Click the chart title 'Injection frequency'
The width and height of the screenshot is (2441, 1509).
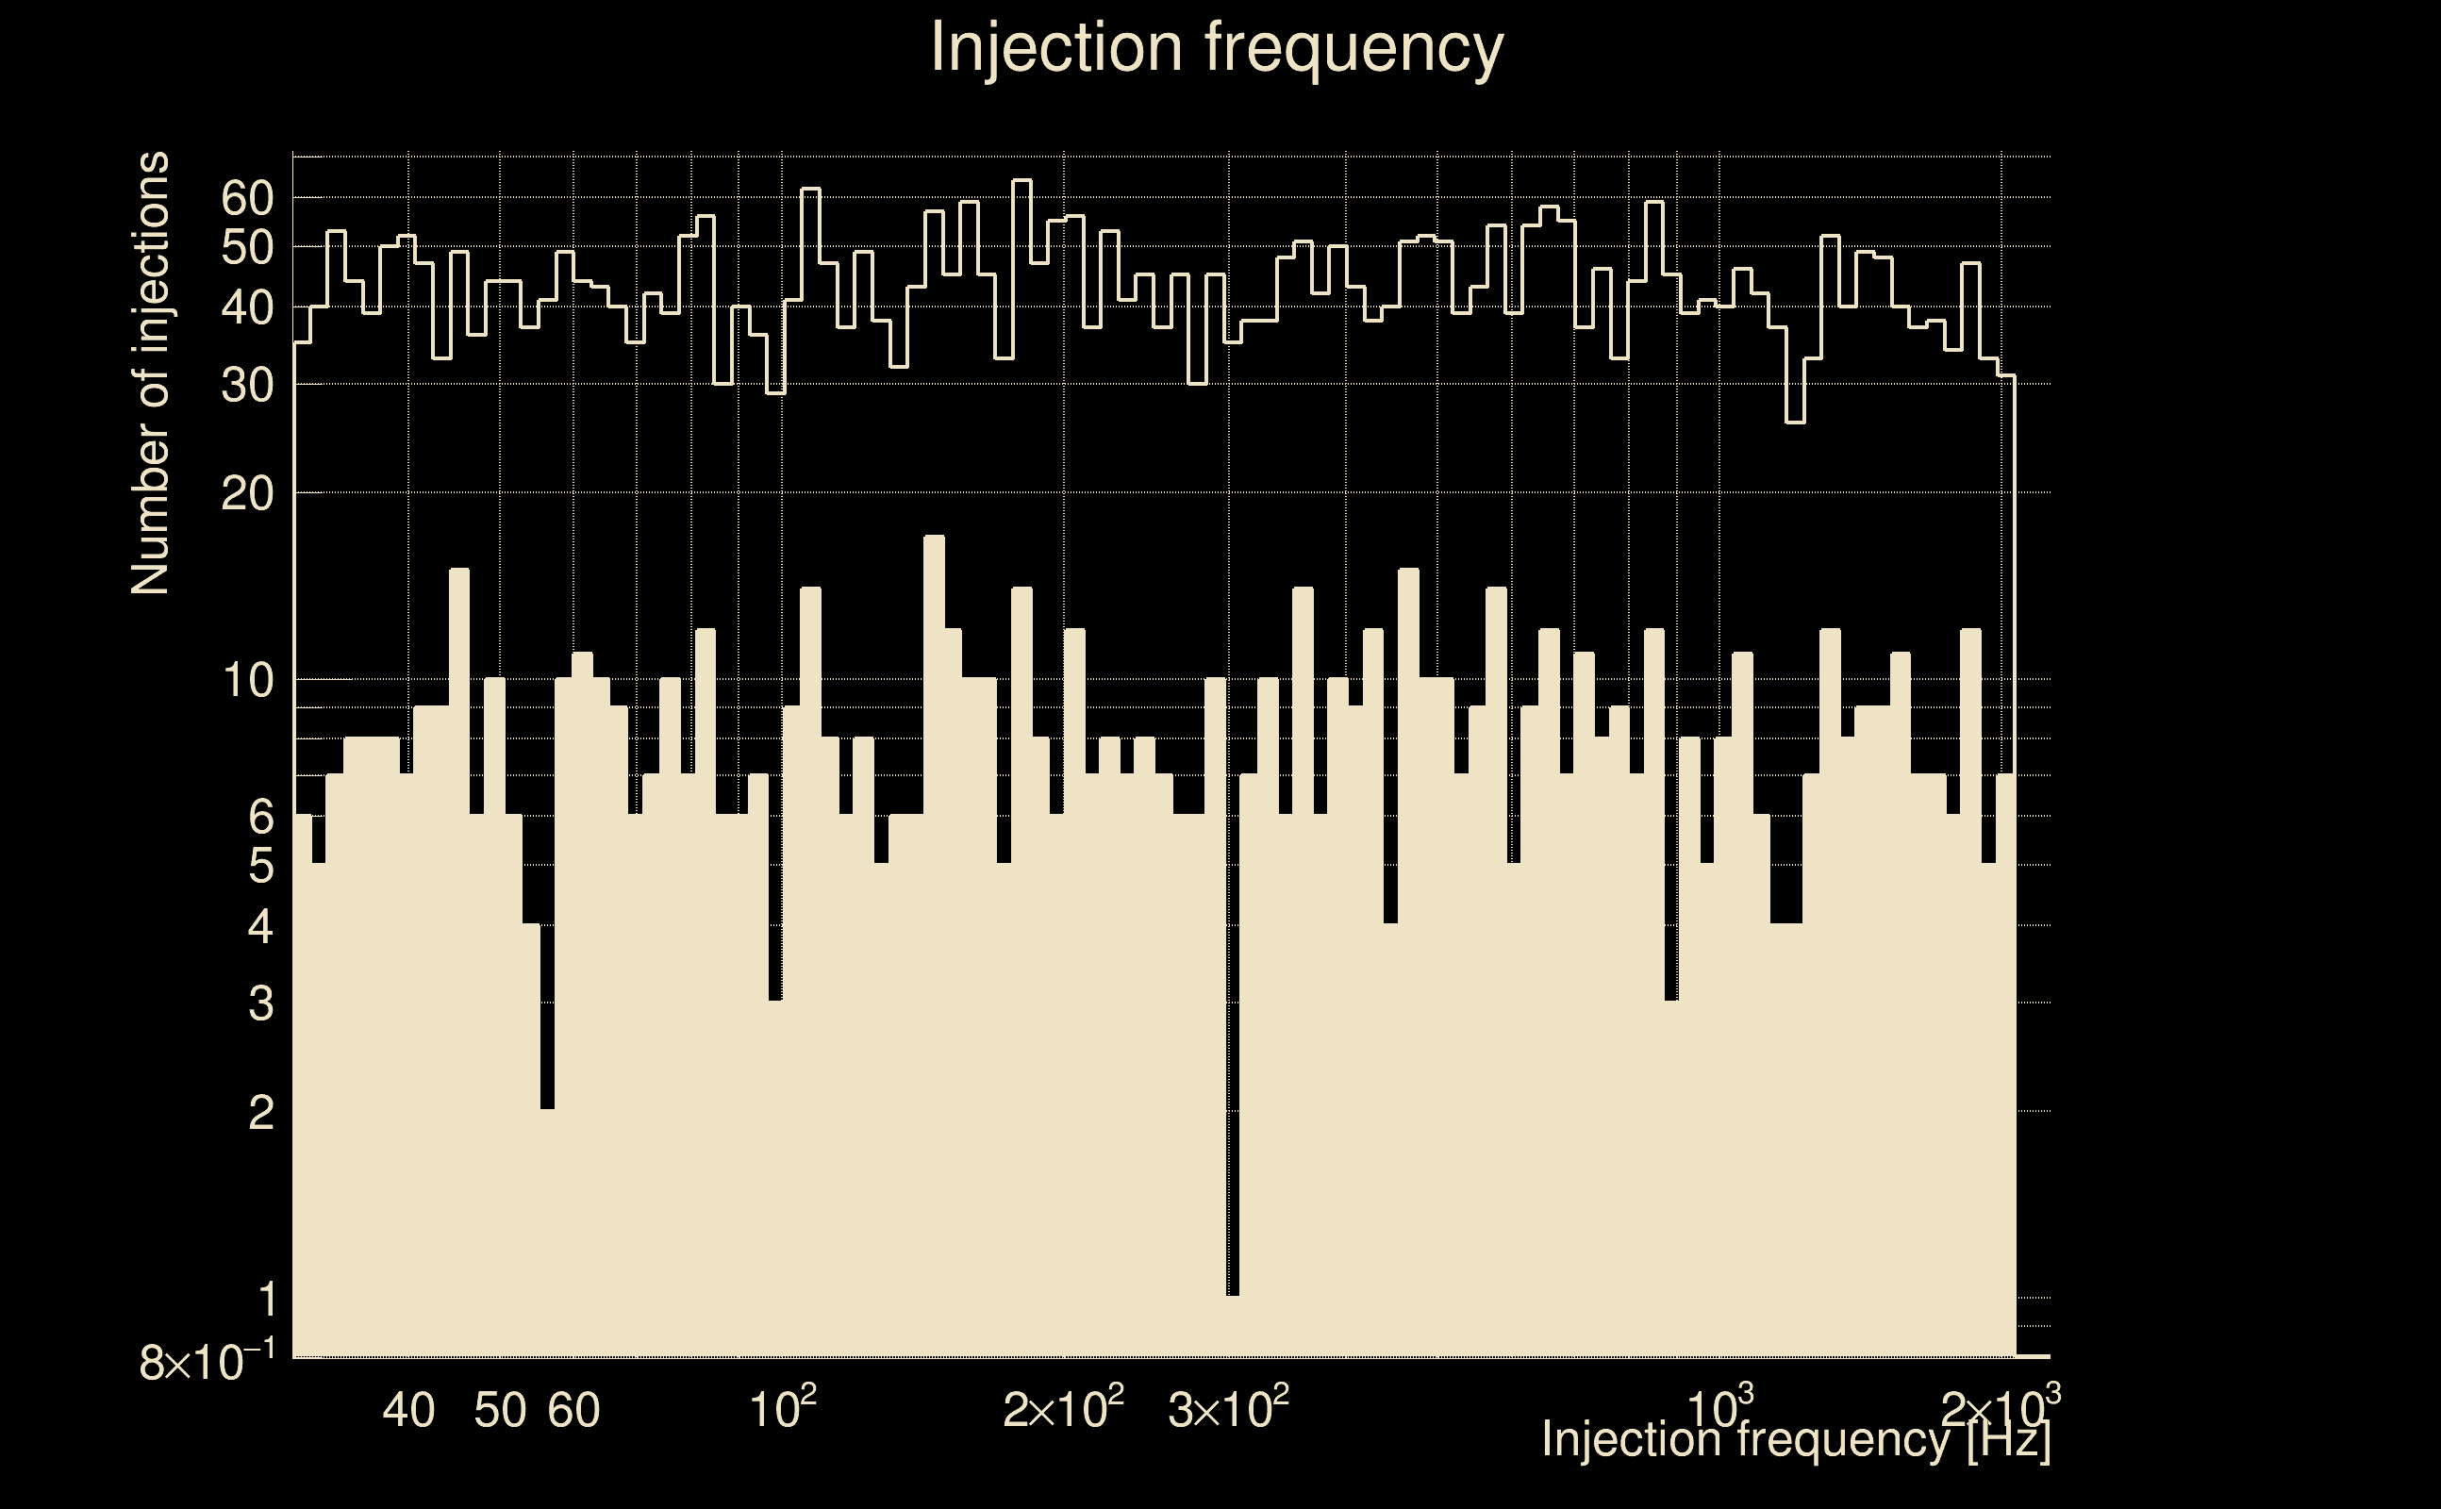1216,47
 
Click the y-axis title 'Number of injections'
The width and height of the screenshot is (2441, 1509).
150,373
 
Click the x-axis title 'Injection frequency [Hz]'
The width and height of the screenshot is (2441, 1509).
1795,1439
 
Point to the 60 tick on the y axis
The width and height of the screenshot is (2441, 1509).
247,199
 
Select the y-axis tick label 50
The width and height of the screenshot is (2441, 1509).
247,247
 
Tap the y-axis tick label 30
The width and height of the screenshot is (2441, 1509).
247,385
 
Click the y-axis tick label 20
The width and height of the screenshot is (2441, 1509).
247,493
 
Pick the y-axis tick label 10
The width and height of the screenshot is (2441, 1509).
247,681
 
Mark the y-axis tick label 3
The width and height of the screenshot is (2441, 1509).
260,1003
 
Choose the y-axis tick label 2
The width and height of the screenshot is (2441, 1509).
260,1111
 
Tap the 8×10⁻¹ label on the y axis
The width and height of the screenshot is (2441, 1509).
207,1361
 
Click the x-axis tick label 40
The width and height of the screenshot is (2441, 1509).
409,1410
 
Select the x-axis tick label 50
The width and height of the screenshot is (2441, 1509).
500,1410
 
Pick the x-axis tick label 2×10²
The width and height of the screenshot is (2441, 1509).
1063,1408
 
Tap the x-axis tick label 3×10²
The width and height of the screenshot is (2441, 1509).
1228,1408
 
